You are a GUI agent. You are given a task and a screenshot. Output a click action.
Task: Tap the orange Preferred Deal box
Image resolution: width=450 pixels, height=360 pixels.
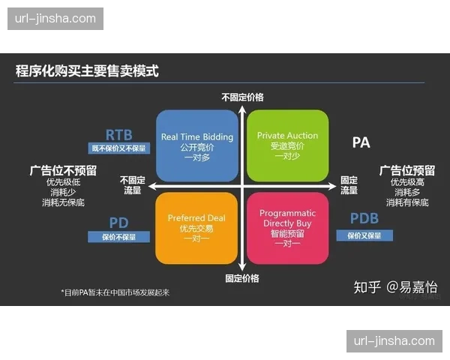coord(197,227)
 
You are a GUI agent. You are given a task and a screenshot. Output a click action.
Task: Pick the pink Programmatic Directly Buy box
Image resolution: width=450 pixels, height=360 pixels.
coord(287,227)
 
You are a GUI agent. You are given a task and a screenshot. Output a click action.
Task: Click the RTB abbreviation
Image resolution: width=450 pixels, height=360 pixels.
coord(118,135)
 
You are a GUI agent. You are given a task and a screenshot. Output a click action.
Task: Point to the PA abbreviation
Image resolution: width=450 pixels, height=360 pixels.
coord(361,141)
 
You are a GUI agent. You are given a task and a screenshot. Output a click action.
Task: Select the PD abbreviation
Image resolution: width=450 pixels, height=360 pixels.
coord(118,223)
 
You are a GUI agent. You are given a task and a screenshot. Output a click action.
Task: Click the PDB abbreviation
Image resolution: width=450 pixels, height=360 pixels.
coord(364,219)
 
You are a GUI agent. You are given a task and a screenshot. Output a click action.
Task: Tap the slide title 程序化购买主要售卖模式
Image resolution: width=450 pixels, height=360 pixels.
coord(87,72)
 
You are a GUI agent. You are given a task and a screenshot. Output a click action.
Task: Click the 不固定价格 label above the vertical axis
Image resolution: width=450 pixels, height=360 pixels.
coord(242,97)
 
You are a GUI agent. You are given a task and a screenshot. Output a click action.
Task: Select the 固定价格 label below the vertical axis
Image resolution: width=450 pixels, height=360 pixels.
coord(242,277)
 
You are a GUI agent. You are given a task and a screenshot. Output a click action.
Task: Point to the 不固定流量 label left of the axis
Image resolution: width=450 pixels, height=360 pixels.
coord(132,185)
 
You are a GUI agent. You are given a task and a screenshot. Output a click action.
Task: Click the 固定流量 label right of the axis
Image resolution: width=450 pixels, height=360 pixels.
coord(349,185)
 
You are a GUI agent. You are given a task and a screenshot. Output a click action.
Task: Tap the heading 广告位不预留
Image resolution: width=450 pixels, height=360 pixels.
coord(63,170)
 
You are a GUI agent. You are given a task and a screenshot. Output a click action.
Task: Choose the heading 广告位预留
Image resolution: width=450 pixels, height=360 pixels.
coord(407,170)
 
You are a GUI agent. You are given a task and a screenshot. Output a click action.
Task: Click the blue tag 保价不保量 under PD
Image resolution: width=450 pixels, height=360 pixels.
coord(119,237)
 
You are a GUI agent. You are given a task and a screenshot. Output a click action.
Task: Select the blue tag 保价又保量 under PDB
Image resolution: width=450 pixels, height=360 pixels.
coord(364,235)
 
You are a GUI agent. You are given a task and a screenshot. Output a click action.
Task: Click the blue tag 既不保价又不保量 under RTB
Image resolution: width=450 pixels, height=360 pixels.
coord(119,148)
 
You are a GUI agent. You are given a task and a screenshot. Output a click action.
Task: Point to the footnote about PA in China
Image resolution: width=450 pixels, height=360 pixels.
coord(115,292)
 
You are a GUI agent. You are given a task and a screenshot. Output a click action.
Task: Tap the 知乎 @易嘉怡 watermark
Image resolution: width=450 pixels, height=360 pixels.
coord(395,286)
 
